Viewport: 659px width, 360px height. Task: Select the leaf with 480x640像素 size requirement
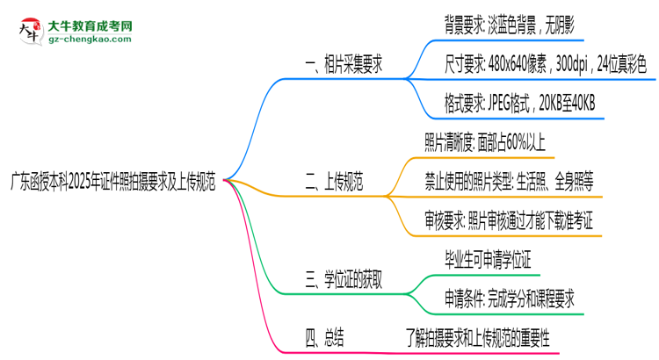[546, 64]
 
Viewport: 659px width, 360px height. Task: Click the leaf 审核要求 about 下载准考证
[509, 221]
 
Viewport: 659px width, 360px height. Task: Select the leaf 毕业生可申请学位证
[489, 261]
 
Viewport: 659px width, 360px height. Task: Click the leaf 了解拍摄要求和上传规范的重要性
[477, 337]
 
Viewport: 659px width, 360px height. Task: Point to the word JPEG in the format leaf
[504, 104]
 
